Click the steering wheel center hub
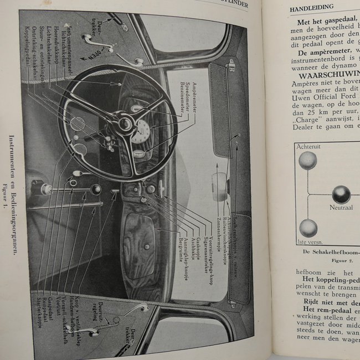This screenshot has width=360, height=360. [x=124, y=123]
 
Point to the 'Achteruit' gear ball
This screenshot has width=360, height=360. [x=308, y=161]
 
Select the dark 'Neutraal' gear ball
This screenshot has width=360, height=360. [x=341, y=194]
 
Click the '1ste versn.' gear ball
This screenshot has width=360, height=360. [x=308, y=228]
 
